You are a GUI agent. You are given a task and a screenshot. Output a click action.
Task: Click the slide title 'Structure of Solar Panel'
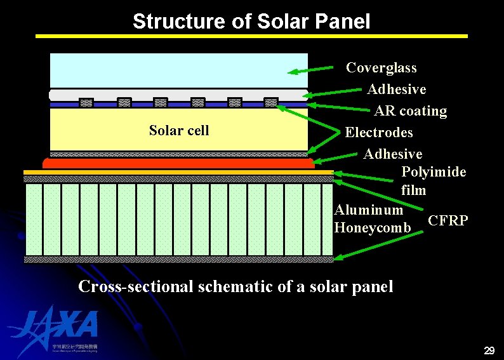pos(251,22)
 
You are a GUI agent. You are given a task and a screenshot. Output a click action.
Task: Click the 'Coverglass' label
pos(381,67)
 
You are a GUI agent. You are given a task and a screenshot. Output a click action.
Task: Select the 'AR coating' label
pos(410,111)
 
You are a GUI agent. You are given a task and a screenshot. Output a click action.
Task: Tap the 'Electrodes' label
pos(378,133)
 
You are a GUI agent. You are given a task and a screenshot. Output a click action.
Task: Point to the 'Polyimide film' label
pos(434,181)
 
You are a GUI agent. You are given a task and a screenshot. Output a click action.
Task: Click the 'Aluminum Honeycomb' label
pos(369,218)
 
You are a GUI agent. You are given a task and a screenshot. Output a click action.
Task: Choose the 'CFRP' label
pos(448,220)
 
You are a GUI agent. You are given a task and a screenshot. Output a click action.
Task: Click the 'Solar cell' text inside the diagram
pos(178,131)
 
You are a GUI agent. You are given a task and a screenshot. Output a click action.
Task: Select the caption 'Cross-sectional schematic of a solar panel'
pos(235,286)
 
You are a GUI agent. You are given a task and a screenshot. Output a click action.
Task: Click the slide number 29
pos(489,350)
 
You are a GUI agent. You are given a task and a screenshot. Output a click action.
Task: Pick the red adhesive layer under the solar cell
pos(178,163)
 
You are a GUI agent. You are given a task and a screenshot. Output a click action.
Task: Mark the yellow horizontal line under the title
pos(251,36)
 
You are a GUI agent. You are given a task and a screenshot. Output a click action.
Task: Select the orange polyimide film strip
pos(178,172)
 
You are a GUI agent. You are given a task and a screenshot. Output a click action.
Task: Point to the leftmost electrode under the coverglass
pos(86,102)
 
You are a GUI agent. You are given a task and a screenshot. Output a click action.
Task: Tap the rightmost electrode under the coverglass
pos(272,102)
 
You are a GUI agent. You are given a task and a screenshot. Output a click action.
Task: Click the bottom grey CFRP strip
pos(178,259)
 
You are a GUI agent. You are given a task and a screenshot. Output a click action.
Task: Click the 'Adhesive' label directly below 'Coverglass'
pos(397,90)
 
